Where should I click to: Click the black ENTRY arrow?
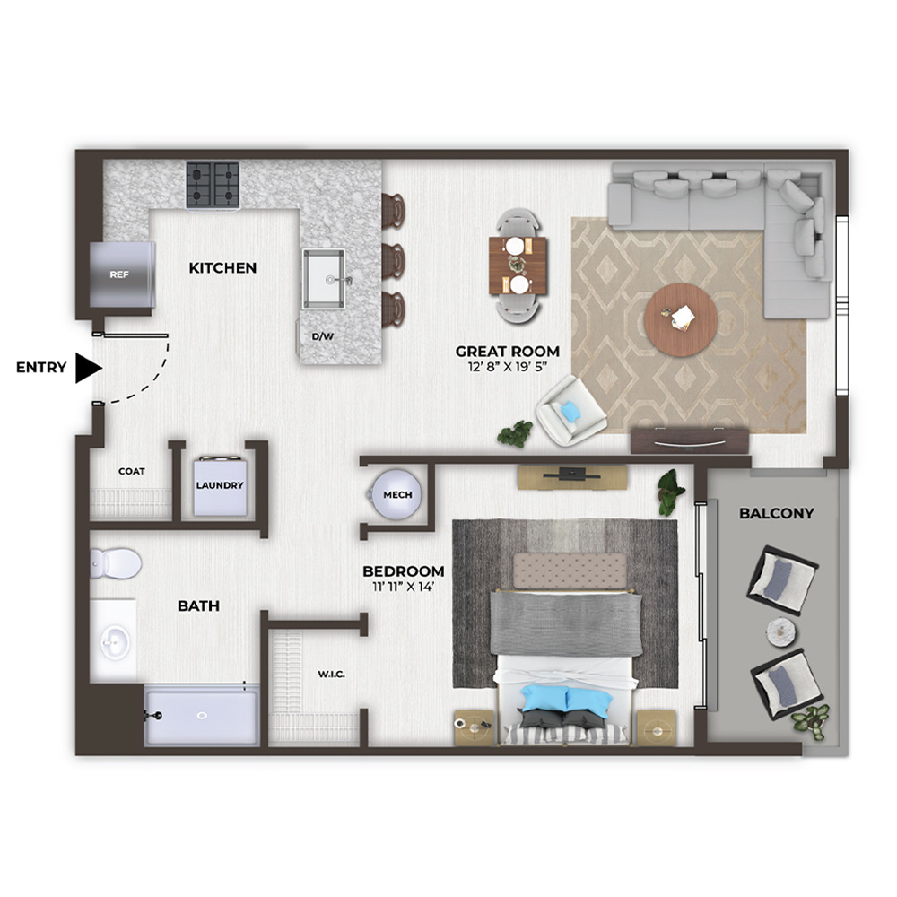click(89, 368)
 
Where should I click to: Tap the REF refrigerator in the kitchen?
click(122, 274)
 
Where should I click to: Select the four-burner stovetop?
click(213, 184)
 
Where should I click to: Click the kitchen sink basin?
click(324, 279)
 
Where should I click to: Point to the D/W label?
click(323, 336)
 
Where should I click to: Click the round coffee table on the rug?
click(681, 319)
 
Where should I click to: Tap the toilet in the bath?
click(116, 563)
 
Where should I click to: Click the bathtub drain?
click(201, 715)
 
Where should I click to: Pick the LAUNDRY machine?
click(221, 485)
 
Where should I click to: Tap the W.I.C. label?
click(331, 675)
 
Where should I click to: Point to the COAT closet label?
click(132, 472)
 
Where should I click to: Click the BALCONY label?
click(776, 513)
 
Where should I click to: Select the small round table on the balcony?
click(782, 632)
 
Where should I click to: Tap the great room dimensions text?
click(508, 367)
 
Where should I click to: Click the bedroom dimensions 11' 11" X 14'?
click(404, 587)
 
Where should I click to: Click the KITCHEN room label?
click(222, 267)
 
